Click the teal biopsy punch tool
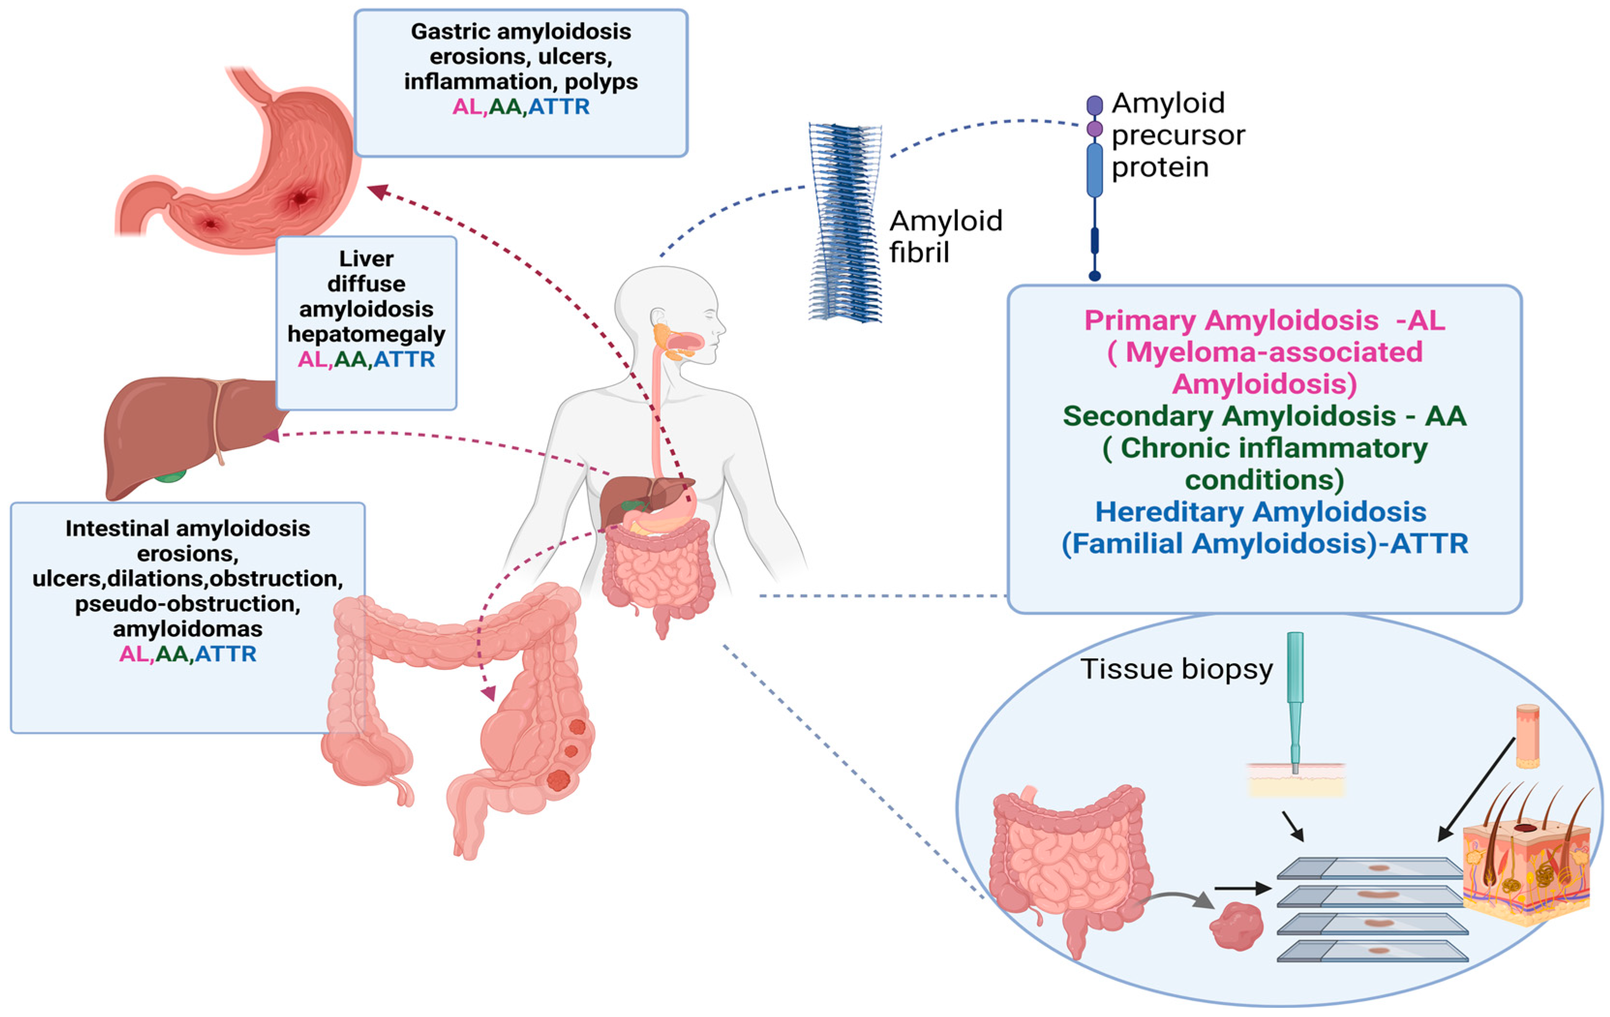click(x=1294, y=696)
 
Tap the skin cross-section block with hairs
click(x=1526, y=869)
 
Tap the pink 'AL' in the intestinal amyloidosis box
click(x=134, y=654)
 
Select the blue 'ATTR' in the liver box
click(x=404, y=359)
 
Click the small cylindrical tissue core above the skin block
click(x=1527, y=735)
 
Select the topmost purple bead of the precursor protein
click(x=1095, y=105)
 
